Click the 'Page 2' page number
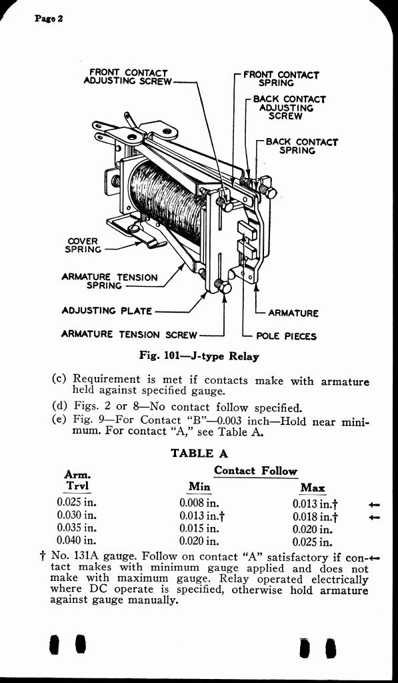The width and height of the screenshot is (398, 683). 49,19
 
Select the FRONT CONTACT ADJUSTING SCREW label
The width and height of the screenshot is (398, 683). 127,77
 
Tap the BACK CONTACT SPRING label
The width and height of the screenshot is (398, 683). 301,146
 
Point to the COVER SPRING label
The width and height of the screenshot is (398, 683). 82,245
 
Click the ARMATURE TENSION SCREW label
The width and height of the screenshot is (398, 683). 129,335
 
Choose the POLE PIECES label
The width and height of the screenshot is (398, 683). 286,336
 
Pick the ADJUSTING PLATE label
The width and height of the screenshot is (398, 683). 107,311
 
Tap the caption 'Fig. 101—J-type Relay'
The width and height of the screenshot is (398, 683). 199,356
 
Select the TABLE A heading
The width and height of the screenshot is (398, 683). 199,453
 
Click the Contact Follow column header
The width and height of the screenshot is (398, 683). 255,470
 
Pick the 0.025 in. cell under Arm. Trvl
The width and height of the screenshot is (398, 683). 77,502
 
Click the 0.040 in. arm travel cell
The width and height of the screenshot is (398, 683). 77,540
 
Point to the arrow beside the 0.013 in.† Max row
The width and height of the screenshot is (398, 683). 374,505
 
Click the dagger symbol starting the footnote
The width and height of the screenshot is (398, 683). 43,558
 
